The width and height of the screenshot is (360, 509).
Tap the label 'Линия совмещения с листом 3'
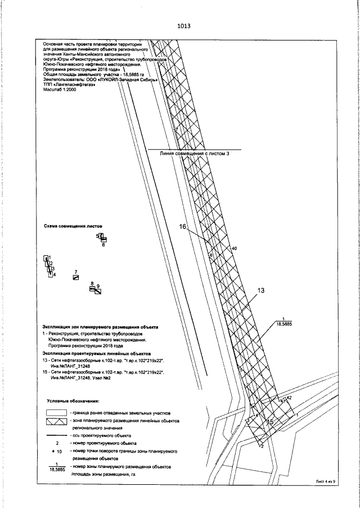tap(195, 153)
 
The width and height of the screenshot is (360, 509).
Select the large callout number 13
tap(260, 291)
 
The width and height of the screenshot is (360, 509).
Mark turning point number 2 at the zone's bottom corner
tap(262, 447)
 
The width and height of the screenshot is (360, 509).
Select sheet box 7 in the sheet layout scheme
tap(75, 277)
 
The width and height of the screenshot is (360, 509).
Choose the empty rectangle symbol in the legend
tap(55, 412)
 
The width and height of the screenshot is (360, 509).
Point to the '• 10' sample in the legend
tap(56, 451)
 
